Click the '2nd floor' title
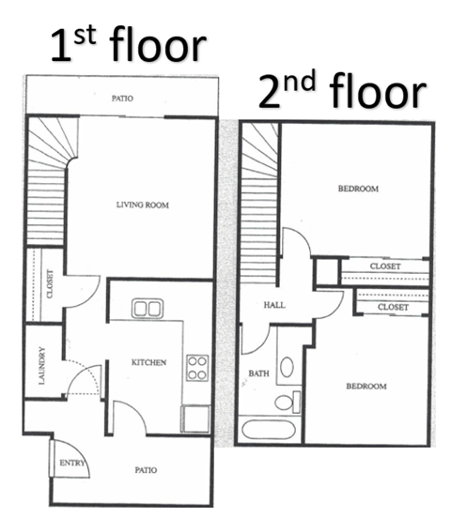(x=342, y=92)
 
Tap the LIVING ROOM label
(x=143, y=205)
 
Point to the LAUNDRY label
(x=42, y=366)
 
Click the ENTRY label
(x=71, y=464)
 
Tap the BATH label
(x=258, y=373)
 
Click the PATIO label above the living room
(x=122, y=97)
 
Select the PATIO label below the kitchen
(x=145, y=470)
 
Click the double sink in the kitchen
(x=148, y=307)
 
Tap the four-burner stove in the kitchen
(x=196, y=368)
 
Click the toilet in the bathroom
(x=285, y=403)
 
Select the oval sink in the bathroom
(x=287, y=366)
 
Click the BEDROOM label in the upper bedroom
(x=358, y=189)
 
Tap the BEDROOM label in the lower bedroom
(x=365, y=387)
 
